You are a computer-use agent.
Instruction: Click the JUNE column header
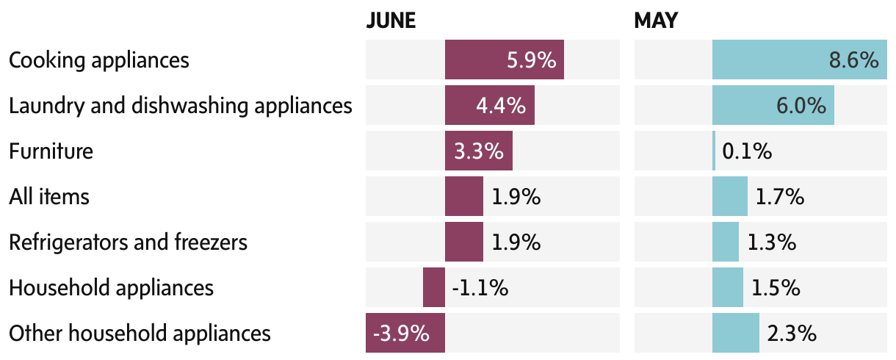(x=391, y=21)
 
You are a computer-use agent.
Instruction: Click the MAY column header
(x=656, y=21)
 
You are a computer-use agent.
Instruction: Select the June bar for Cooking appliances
(x=504, y=60)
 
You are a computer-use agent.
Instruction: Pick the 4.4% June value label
(x=501, y=105)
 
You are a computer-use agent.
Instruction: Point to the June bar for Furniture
(x=478, y=151)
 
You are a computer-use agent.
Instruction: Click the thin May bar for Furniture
(x=714, y=151)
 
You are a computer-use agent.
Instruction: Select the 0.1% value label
(x=747, y=151)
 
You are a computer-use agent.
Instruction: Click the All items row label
(x=49, y=197)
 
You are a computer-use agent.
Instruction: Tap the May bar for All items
(x=729, y=197)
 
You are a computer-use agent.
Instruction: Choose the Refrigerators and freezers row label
(x=128, y=242)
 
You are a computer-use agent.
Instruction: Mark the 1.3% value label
(x=771, y=242)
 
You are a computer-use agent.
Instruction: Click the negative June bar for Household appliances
(x=433, y=287)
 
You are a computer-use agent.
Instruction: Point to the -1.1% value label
(x=480, y=287)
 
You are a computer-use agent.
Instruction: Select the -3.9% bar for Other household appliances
(x=405, y=333)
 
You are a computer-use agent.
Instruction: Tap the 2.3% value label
(x=792, y=334)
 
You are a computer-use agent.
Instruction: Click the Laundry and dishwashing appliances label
(x=181, y=106)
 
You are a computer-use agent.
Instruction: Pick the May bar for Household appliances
(x=727, y=287)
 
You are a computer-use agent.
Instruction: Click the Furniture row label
(x=51, y=151)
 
